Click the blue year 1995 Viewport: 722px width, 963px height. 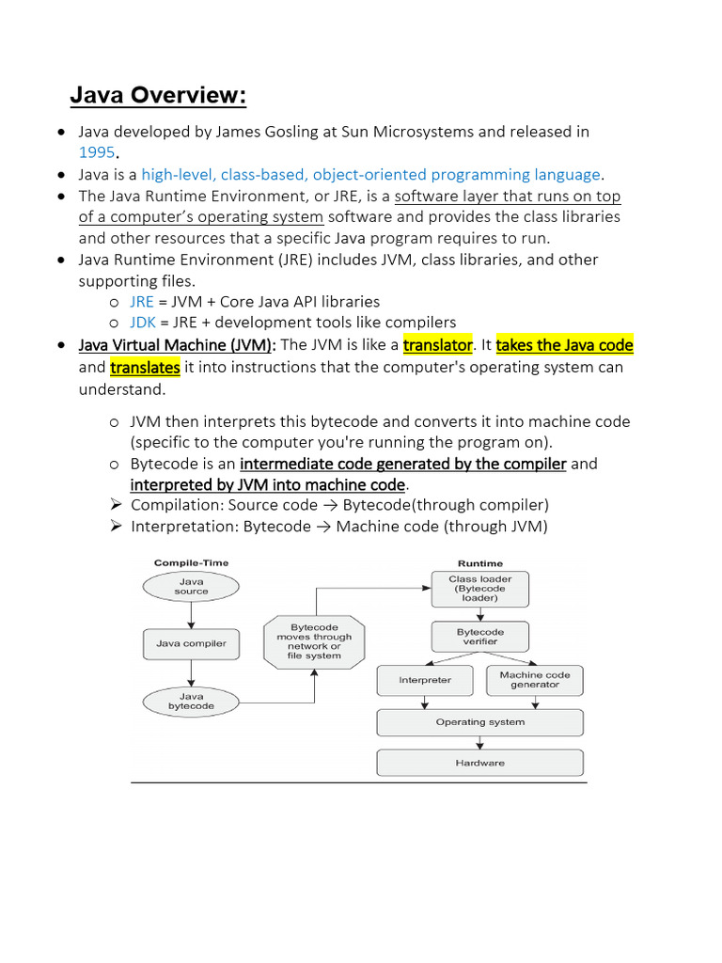coord(96,151)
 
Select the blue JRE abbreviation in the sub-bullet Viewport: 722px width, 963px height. coord(142,302)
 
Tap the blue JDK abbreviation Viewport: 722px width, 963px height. coord(143,323)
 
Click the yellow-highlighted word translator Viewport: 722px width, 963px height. coord(437,345)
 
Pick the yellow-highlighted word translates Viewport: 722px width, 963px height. coord(145,367)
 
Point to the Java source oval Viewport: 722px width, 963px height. coord(191,587)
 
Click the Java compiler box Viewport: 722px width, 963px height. coord(191,644)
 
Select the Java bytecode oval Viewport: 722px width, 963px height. coord(191,701)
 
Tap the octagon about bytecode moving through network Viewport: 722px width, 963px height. coord(314,641)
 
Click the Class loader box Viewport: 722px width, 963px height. coord(480,589)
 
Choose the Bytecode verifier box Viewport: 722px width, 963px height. coord(480,637)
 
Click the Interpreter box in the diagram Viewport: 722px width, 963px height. coord(425,680)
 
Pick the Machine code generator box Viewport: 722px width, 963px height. coord(535,680)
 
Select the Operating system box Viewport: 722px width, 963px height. coord(480,722)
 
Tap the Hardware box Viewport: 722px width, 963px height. coord(480,763)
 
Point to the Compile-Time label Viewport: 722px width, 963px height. coord(191,563)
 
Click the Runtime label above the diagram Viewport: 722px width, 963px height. coord(480,563)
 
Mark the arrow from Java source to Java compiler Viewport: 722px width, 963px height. coord(191,615)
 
